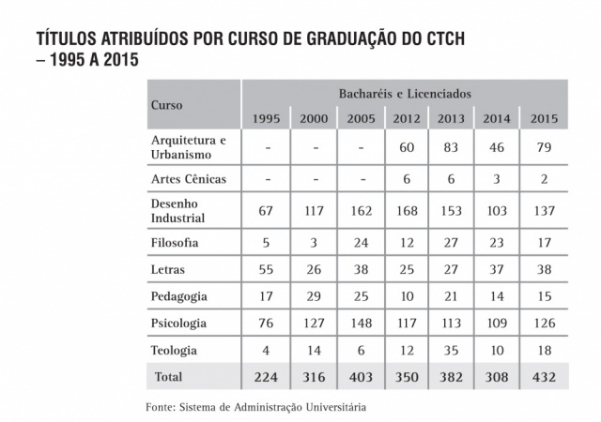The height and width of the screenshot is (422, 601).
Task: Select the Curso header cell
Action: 166,105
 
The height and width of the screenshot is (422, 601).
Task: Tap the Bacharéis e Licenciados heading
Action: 405,94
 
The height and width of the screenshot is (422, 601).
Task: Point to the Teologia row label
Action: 175,350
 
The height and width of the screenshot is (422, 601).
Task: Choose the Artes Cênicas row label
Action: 189,178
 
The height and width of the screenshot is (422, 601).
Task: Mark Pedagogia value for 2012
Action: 407,296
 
